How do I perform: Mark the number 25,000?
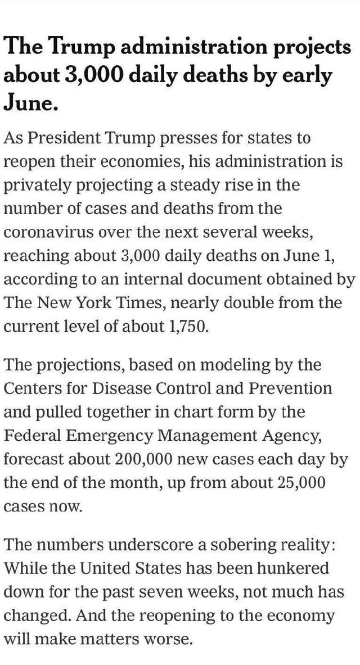(x=301, y=483)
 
